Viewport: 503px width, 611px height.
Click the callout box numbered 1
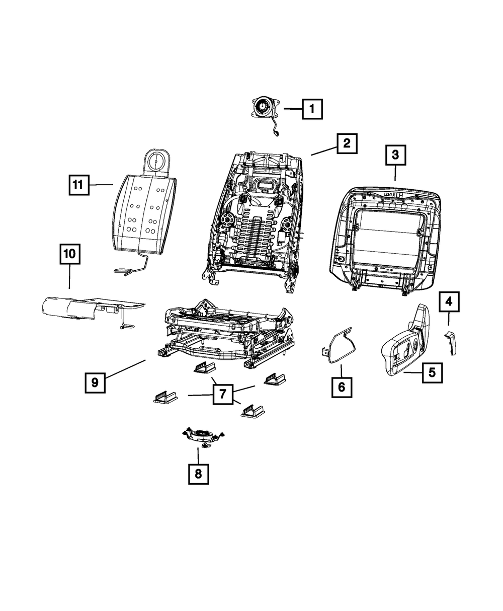312,108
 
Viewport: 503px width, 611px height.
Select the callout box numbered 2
347,143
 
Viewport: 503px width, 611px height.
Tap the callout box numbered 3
395,156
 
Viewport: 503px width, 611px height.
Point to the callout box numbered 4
448,302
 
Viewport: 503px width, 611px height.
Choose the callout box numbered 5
432,373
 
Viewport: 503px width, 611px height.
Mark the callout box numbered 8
198,473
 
